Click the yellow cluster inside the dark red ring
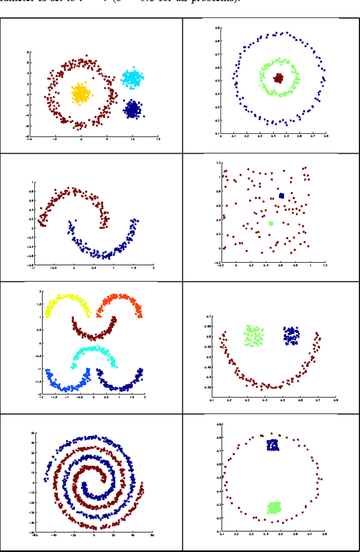pos(81,94)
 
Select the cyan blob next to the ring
pos(132,77)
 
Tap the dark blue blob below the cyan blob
pos(132,109)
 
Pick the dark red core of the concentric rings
pos(278,79)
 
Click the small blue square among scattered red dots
pos(281,196)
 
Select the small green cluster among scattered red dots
pos(271,223)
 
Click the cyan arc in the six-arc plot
pos(94,351)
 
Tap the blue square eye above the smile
pos(291,335)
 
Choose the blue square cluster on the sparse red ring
pos(273,445)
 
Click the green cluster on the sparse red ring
pos(274,508)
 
